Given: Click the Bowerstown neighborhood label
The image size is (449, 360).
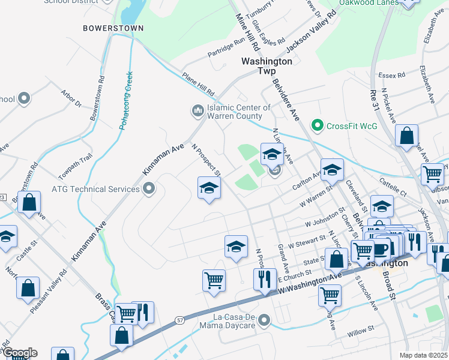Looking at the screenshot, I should pos(113,28).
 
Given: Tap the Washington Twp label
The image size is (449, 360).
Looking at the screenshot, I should pos(267,66).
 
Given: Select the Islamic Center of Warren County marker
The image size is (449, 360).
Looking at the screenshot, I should pos(197,111).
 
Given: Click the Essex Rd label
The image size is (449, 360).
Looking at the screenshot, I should pos(393,76).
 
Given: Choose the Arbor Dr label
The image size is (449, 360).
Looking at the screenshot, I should pos(71,98).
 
